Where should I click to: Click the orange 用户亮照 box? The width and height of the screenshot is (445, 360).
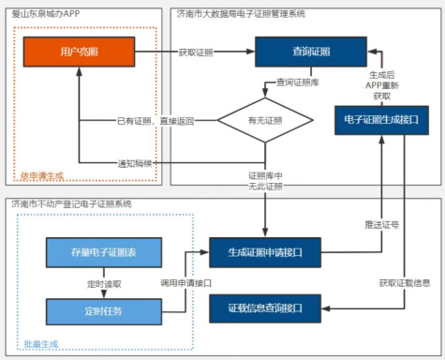click(78, 51)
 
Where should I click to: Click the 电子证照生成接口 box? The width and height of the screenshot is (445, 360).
click(382, 120)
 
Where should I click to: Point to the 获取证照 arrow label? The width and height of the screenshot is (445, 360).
click(197, 51)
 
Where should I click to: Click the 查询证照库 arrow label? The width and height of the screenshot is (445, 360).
click(294, 83)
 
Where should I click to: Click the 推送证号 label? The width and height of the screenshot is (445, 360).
click(381, 224)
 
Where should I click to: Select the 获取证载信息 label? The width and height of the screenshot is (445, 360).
click(404, 282)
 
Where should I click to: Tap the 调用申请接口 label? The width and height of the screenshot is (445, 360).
click(185, 281)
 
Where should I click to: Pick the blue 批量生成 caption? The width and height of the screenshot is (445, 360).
click(41, 344)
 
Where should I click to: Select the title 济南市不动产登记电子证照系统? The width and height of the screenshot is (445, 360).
click(71, 203)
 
